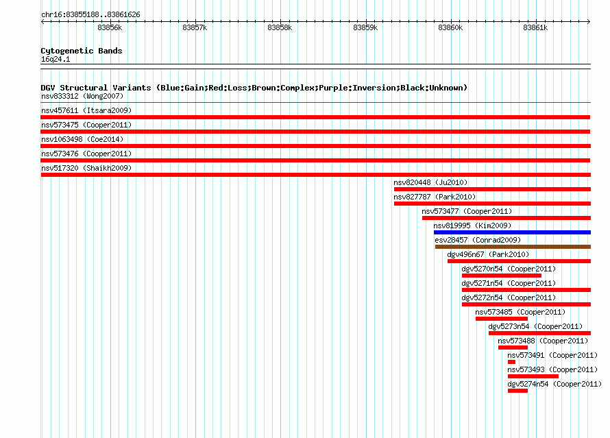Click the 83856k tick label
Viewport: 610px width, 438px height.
coord(110,27)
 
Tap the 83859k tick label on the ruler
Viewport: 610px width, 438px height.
coord(365,27)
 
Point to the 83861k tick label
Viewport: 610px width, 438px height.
coord(535,27)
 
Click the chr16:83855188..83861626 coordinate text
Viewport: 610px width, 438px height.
coord(90,15)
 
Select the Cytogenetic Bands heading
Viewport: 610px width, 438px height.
coord(82,51)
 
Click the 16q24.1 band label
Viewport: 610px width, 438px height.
coord(56,59)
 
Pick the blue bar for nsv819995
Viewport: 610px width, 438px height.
coord(513,232)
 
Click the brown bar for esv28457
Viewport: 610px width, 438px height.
coord(513,247)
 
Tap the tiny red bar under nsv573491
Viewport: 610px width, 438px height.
coord(511,362)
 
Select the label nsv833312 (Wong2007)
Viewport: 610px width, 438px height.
coord(82,96)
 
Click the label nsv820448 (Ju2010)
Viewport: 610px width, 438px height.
coord(430,182)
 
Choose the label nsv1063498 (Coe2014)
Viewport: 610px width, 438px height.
coord(82,139)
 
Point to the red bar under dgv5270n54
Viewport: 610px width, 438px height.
coord(502,276)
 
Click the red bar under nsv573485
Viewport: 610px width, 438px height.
coord(502,319)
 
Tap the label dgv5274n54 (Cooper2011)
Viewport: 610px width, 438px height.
coord(554,385)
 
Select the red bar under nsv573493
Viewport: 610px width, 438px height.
coord(533,376)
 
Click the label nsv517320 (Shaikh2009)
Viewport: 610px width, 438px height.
coord(86,168)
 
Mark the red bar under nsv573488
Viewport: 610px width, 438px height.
coord(513,348)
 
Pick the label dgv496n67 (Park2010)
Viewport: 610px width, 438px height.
coord(488,254)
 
